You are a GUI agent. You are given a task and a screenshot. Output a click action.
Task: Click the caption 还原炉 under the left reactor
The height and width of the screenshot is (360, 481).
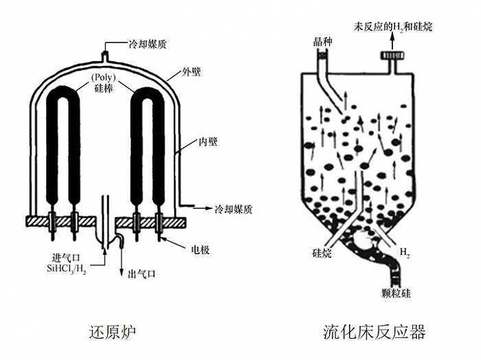[x=113, y=333]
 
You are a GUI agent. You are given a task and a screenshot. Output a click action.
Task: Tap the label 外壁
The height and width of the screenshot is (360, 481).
[x=192, y=71]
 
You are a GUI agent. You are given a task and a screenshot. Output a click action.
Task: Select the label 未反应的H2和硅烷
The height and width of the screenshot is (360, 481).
[x=392, y=28]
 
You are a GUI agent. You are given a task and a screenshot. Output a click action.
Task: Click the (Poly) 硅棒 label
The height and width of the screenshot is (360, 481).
[x=104, y=82]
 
